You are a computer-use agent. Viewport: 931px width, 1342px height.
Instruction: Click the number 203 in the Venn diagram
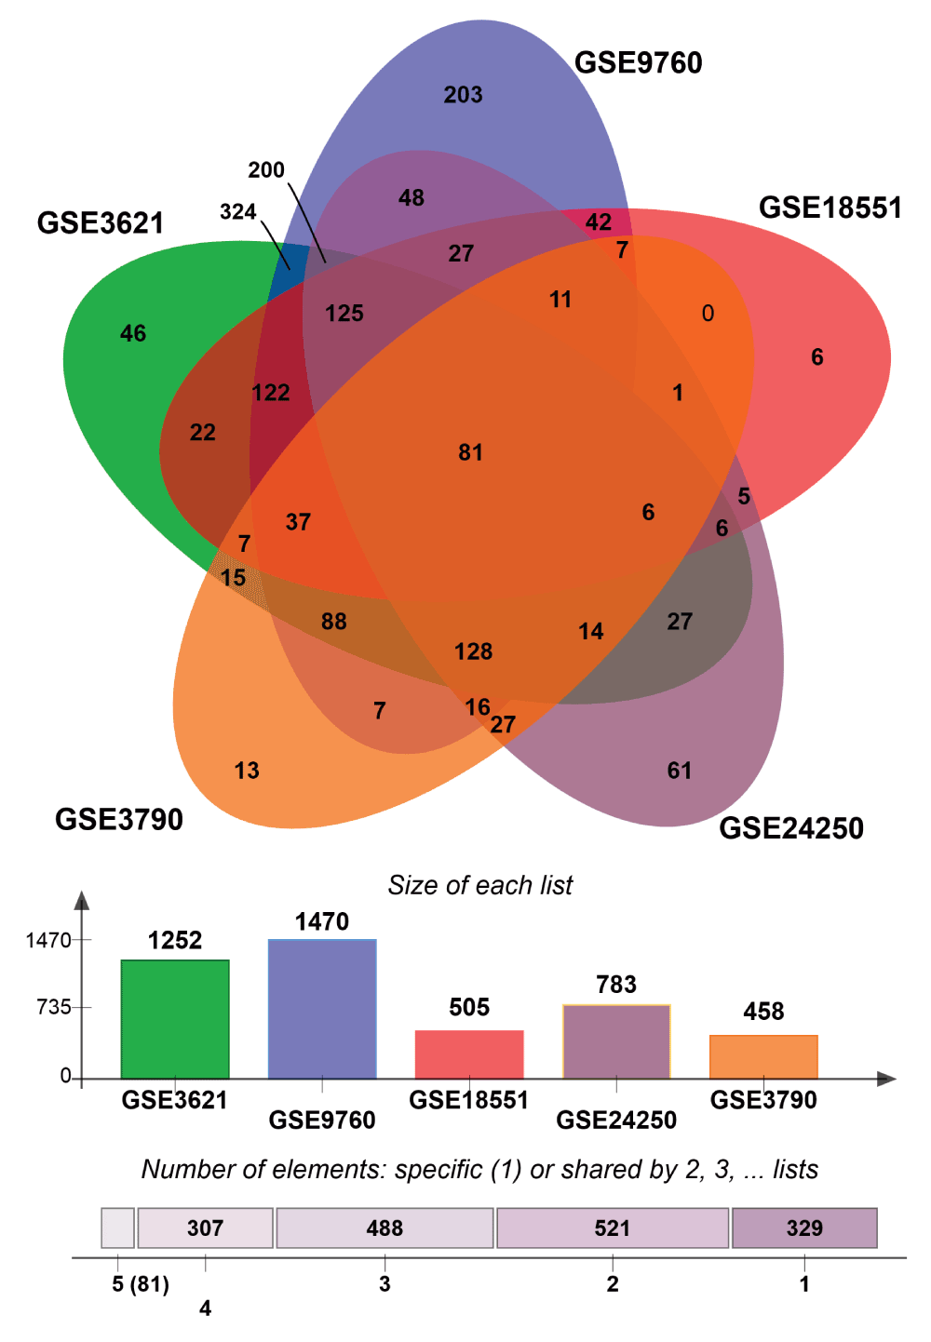[x=463, y=95]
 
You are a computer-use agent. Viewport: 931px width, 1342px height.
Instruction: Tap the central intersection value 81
[x=470, y=452]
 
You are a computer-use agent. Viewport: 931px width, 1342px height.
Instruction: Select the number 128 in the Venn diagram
[x=473, y=651]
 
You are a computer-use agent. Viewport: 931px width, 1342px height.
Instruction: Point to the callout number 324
[x=238, y=212]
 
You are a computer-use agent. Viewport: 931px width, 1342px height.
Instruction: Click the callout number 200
[x=266, y=170]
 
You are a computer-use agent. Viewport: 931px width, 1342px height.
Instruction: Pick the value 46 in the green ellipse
[x=133, y=333]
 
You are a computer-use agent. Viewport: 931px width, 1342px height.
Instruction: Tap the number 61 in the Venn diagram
[x=680, y=771]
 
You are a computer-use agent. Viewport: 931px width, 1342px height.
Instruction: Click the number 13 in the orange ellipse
[x=247, y=771]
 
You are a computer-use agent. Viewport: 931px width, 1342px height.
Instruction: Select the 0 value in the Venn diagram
[x=708, y=314]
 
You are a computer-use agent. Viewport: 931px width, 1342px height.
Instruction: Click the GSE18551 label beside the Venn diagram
[x=830, y=208]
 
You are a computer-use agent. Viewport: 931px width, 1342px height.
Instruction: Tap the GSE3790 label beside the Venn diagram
[x=119, y=820]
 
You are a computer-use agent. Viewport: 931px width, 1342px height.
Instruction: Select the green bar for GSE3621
[x=175, y=1019]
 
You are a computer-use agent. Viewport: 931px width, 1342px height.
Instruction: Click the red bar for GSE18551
[x=469, y=1054]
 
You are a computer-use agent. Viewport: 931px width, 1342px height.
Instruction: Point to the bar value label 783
[x=616, y=985]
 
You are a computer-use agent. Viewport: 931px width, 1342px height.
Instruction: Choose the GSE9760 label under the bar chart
[x=322, y=1120]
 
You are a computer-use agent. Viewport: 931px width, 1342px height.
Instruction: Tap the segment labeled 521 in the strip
[x=613, y=1228]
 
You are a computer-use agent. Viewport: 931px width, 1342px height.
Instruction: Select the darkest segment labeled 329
[x=804, y=1228]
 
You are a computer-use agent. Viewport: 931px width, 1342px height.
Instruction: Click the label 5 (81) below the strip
[x=141, y=1285]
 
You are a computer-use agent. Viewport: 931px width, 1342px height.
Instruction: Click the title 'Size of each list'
[x=480, y=885]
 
